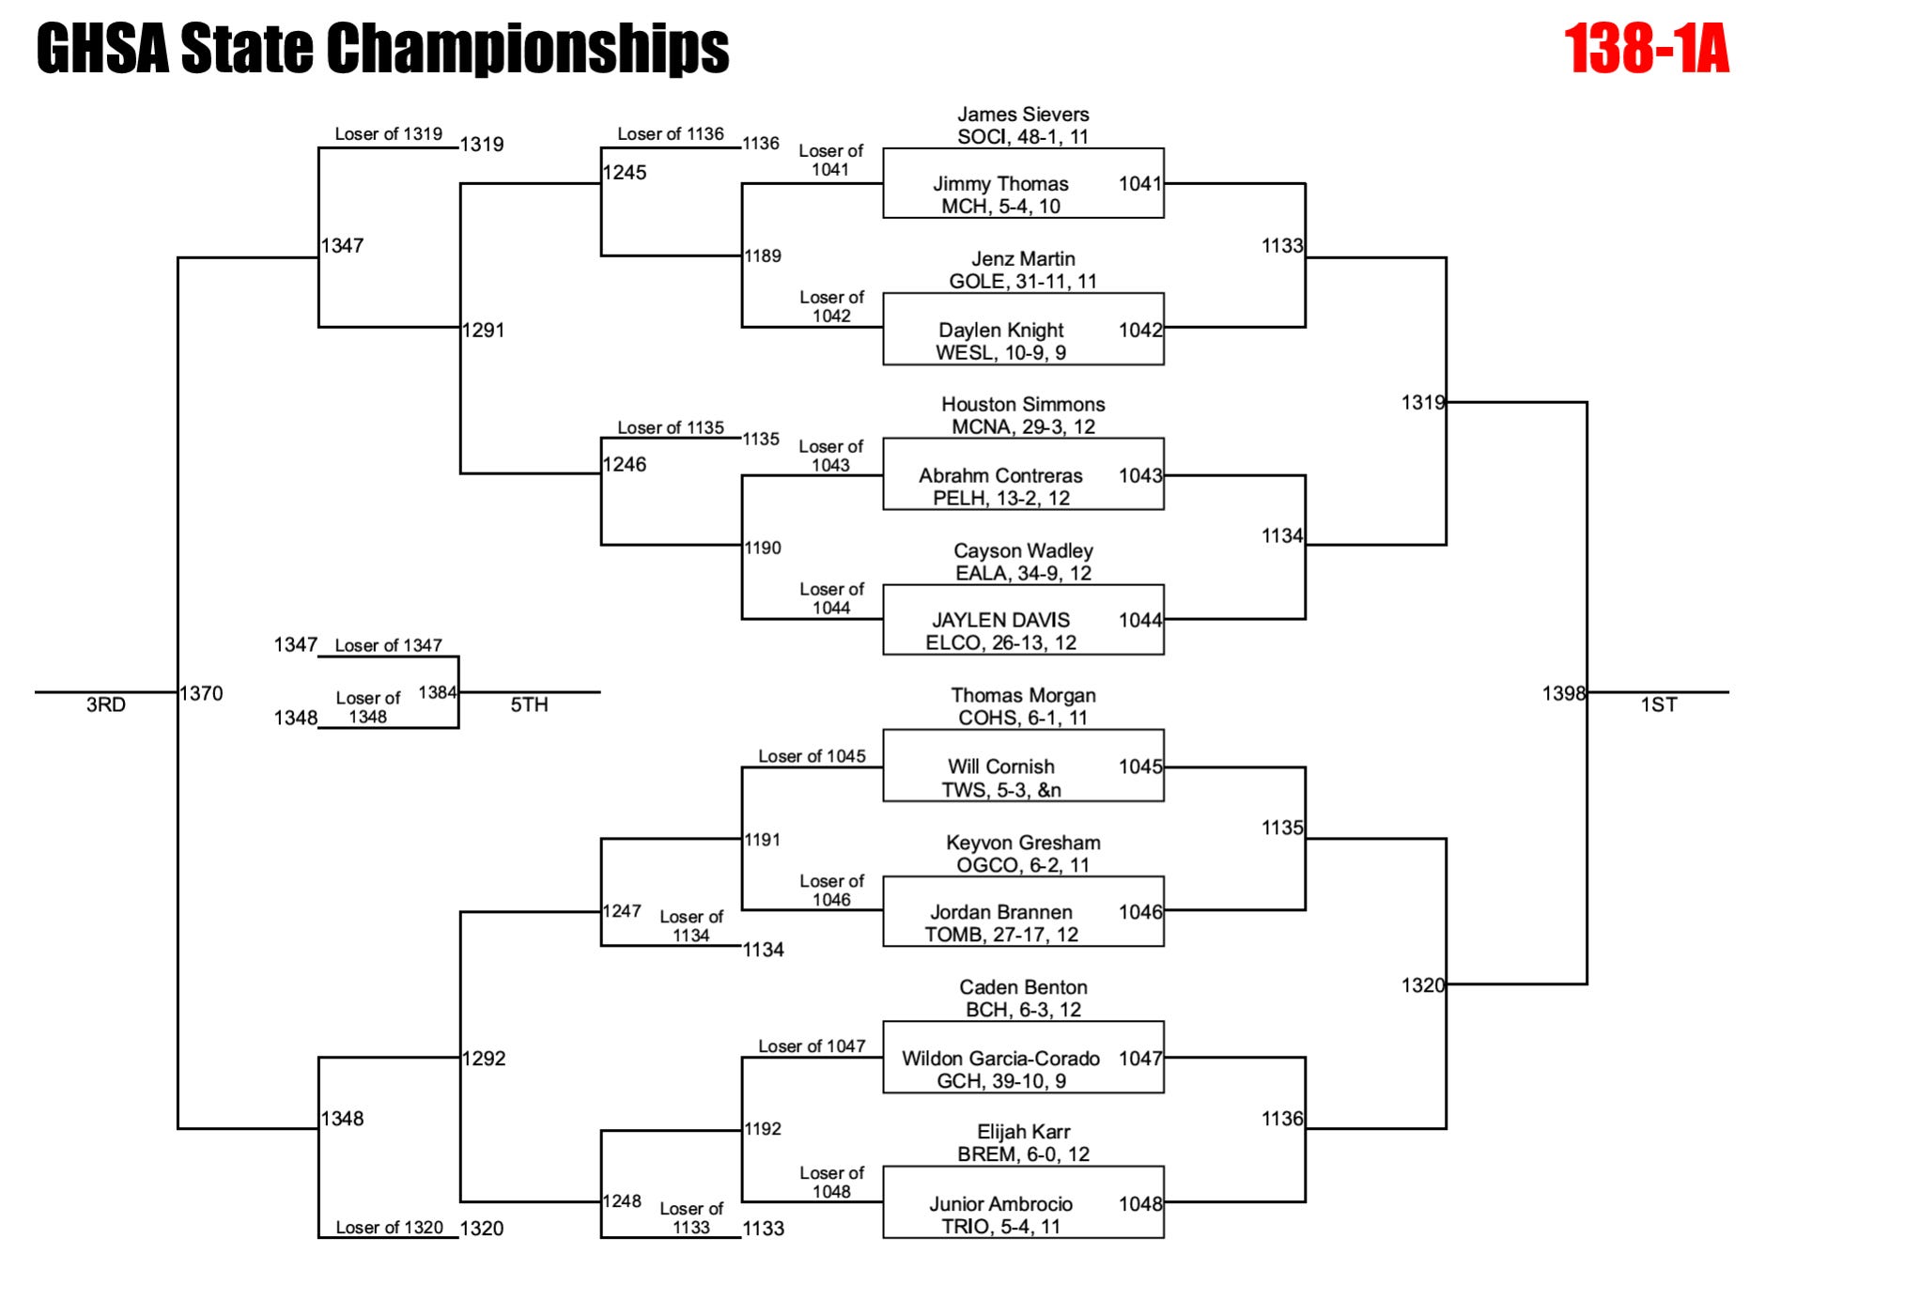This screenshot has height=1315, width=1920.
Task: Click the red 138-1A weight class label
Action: [x=1646, y=49]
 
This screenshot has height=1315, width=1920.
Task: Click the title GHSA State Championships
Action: [x=382, y=49]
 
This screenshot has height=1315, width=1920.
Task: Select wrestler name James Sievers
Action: [x=1023, y=115]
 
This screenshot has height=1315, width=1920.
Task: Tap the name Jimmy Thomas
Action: [x=1000, y=184]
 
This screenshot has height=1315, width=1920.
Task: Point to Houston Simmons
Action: [x=1023, y=405]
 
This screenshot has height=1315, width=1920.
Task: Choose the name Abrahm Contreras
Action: [x=1000, y=476]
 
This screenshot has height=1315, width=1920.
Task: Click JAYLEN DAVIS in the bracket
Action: [x=1000, y=621]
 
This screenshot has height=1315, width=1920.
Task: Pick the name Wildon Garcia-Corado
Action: [x=1000, y=1059]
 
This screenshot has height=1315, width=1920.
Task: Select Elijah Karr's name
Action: [x=1023, y=1132]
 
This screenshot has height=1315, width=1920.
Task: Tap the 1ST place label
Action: [x=1659, y=705]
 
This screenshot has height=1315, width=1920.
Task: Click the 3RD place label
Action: [x=106, y=705]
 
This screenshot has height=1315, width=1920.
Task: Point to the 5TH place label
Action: [x=529, y=705]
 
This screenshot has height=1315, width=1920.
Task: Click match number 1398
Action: [x=1563, y=693]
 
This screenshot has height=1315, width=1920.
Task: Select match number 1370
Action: [x=202, y=694]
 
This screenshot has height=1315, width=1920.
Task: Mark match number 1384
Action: [x=438, y=693]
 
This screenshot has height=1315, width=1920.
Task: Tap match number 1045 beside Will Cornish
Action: [x=1140, y=766]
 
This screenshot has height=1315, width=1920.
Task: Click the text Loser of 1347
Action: [x=388, y=645]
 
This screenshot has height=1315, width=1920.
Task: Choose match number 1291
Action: [x=484, y=331]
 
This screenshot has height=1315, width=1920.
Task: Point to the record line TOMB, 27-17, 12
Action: [x=1001, y=935]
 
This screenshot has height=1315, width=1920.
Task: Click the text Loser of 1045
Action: [x=812, y=756]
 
